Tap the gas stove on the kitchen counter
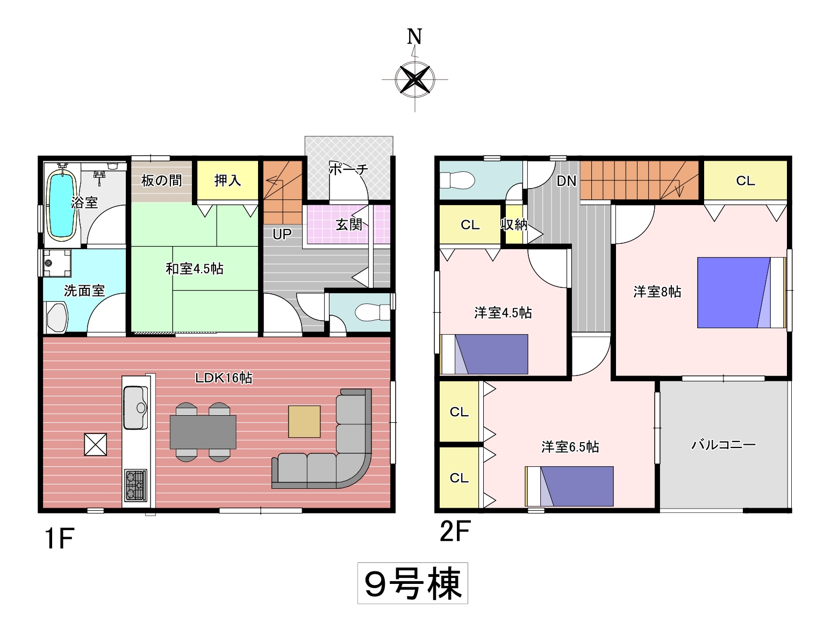[135, 485]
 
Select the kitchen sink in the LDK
[135, 408]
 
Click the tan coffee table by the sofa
[304, 422]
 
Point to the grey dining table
[203, 432]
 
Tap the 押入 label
[227, 180]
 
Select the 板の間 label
[162, 180]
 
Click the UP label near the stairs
[282, 235]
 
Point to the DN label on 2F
[567, 181]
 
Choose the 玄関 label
[349, 225]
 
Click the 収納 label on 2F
[514, 225]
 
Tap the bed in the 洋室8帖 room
[741, 293]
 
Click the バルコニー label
[723, 444]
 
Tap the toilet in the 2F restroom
[457, 180]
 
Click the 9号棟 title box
[413, 583]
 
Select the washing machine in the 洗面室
[57, 263]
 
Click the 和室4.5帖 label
[195, 269]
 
